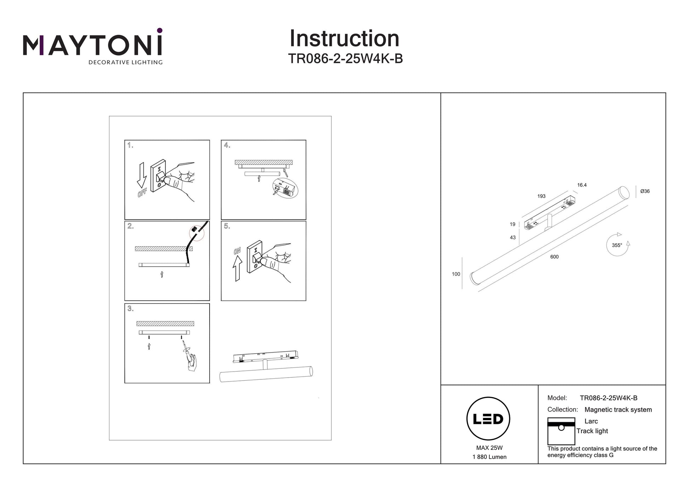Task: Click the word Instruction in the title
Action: (344, 39)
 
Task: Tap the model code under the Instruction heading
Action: (345, 59)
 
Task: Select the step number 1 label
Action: (130, 145)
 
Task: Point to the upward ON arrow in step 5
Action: (237, 268)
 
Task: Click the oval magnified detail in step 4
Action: (285, 189)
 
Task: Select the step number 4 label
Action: (227, 145)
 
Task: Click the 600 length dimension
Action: (554, 257)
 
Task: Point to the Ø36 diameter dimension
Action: (645, 191)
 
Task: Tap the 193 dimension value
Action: (541, 196)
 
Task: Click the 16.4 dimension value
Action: (582, 185)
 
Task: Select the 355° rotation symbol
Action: (618, 245)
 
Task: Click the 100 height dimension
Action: (456, 274)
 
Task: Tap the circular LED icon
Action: (488, 419)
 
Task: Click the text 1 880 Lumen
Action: (489, 457)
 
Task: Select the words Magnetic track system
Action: (618, 410)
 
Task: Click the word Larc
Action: (591, 421)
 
